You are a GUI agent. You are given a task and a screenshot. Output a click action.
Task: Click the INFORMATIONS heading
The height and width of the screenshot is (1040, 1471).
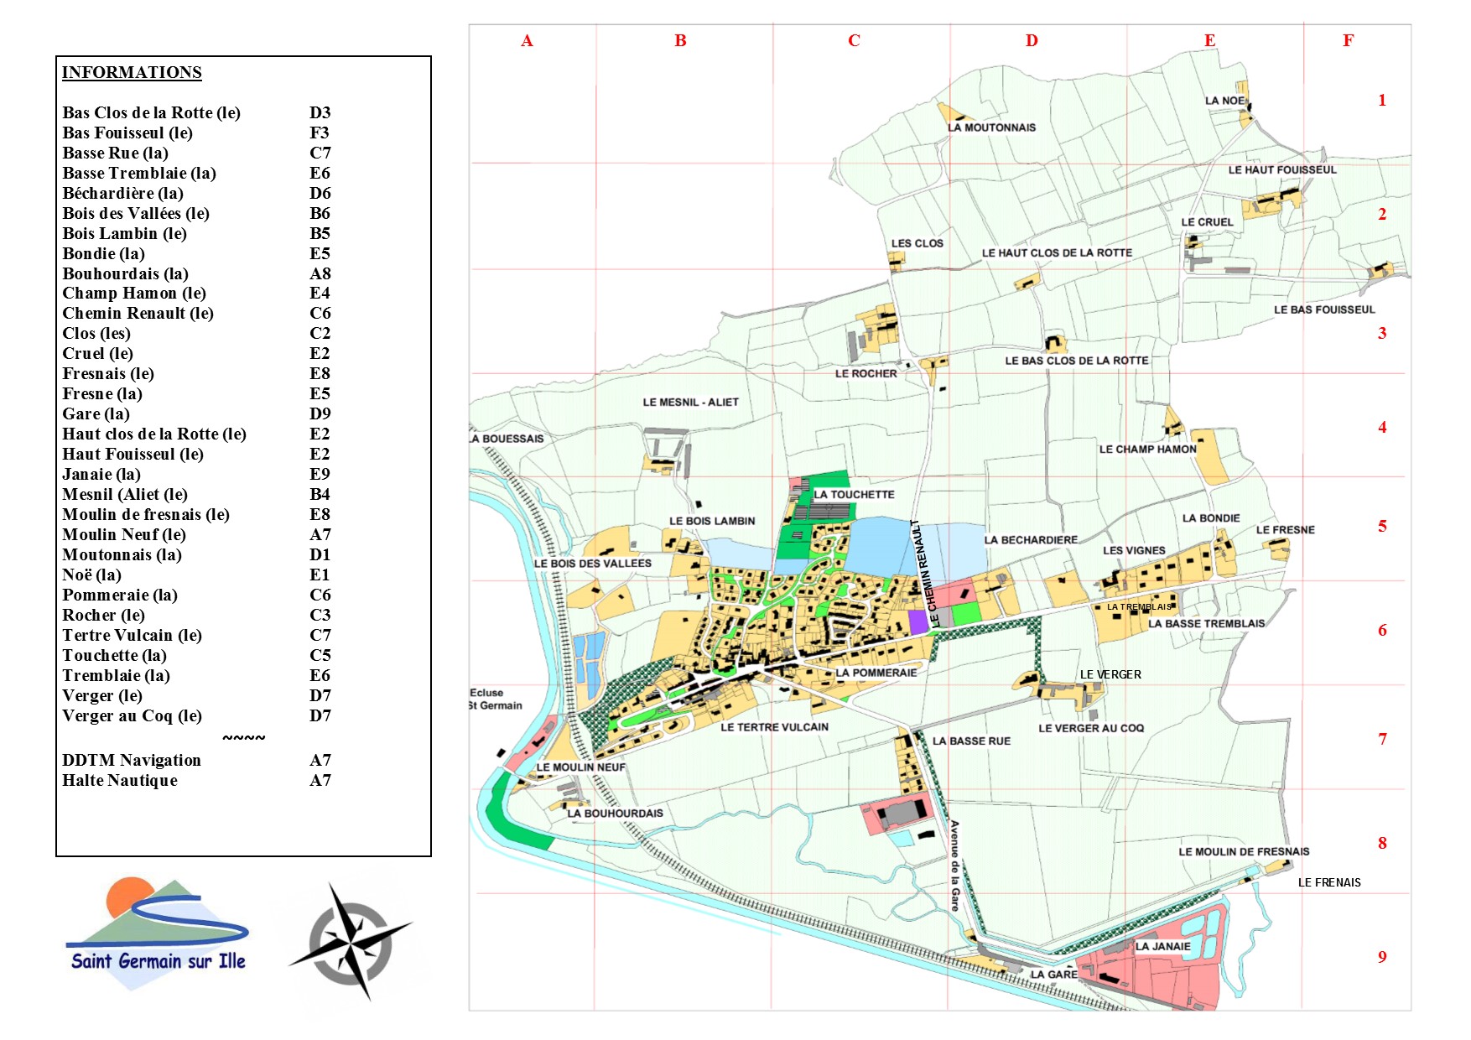pos(132,72)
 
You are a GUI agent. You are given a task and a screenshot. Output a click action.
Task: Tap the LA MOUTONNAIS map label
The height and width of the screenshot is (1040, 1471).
pos(991,127)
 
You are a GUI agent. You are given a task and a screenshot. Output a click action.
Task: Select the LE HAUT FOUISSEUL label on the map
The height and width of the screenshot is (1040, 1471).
pos(1281,169)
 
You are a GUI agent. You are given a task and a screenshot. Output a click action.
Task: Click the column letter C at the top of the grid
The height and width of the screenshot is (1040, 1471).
pos(854,40)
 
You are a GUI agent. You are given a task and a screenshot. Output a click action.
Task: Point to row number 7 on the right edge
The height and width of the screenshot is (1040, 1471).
pos(1382,739)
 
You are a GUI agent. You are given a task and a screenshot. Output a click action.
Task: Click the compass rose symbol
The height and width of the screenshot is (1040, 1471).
pos(350,942)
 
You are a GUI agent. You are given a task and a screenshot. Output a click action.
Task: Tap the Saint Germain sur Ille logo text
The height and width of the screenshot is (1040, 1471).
pos(158,961)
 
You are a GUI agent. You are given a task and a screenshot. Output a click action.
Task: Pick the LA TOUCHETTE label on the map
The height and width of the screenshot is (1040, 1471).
pos(854,495)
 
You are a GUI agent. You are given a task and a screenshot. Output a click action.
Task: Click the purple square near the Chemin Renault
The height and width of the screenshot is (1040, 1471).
pos(918,621)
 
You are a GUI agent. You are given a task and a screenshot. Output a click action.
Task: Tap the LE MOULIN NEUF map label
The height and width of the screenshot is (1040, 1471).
pos(580,767)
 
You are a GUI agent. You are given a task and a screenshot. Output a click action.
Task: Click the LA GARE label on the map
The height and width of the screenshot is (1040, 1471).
pos(1053,975)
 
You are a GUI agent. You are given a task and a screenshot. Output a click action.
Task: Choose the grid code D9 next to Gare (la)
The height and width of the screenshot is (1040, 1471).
pos(320,413)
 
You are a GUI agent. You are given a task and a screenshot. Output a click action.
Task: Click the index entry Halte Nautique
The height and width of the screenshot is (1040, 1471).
pos(120,780)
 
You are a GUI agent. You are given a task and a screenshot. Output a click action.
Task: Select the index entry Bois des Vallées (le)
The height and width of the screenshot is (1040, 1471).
pos(136,213)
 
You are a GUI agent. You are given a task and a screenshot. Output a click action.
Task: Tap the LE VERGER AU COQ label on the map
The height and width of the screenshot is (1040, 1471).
pos(1090,728)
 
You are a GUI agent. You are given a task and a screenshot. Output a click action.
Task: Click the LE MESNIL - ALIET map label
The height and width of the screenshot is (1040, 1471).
pos(690,402)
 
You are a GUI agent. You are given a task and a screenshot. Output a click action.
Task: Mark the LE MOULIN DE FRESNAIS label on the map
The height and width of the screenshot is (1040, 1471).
pos(1243,851)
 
